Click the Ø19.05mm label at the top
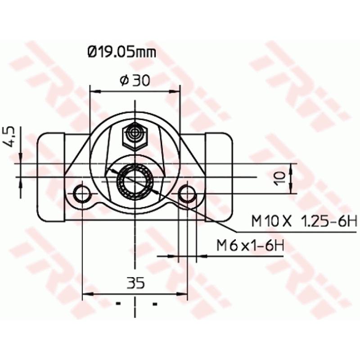121,53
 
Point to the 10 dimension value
280,177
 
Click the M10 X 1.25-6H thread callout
304,221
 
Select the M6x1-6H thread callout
251,246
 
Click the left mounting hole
82,193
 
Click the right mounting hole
187,193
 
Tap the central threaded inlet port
135,182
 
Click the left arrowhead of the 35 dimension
86,295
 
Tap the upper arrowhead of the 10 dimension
292,167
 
